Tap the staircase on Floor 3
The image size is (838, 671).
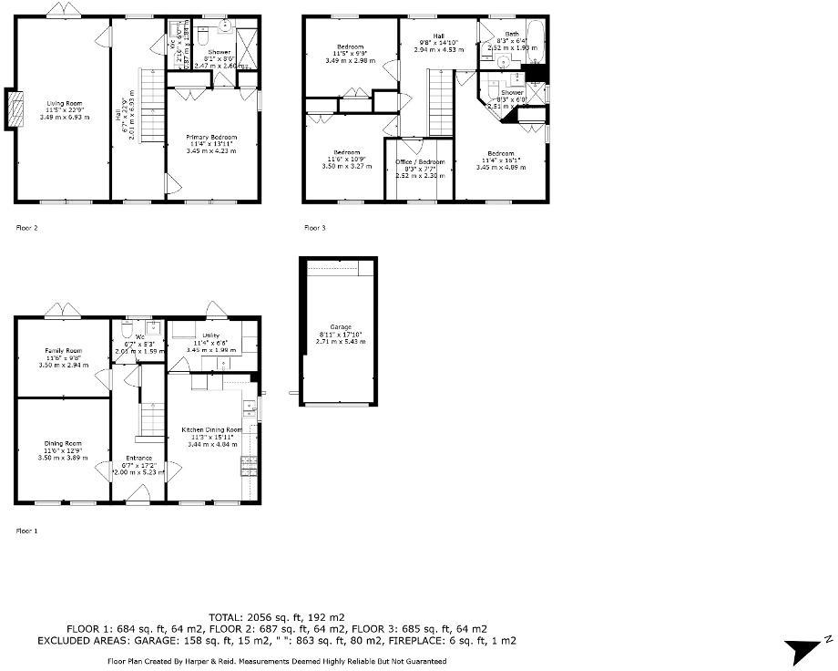pyautogui.click(x=442, y=104)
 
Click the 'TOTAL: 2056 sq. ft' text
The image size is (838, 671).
pyautogui.click(x=277, y=617)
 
